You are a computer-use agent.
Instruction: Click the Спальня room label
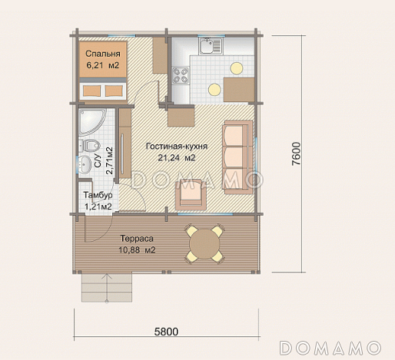click(103, 54)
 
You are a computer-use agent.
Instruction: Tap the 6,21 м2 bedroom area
click(103, 65)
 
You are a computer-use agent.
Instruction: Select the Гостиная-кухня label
click(177, 147)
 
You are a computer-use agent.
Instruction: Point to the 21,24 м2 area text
click(177, 157)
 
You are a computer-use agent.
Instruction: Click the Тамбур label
click(98, 195)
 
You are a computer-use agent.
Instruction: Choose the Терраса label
click(137, 239)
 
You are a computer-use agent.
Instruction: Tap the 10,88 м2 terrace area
click(137, 249)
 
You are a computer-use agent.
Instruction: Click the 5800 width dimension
click(166, 332)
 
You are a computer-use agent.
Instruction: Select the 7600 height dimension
click(296, 154)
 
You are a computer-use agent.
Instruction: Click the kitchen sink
click(211, 46)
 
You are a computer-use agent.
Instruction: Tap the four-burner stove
click(181, 76)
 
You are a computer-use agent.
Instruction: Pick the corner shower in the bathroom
click(91, 122)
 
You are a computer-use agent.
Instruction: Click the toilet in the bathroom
click(89, 146)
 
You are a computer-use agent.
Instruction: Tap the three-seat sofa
click(237, 157)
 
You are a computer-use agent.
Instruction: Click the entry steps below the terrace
click(107, 287)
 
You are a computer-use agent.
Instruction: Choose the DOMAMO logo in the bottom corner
click(330, 348)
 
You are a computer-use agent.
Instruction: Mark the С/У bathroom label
click(98, 161)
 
